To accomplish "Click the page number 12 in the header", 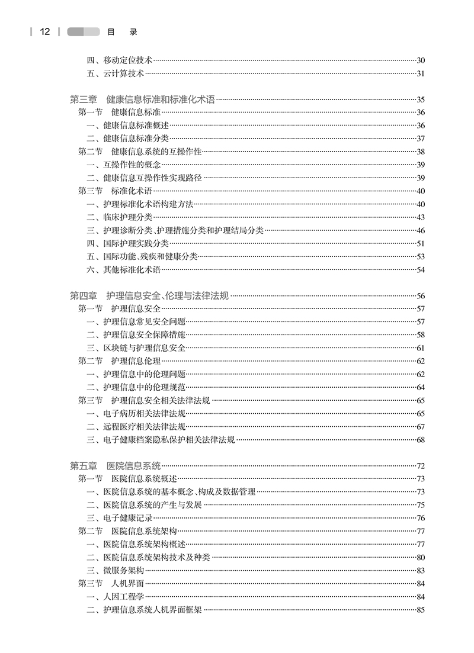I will pos(45,31).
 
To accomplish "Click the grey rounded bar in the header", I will pos(83,31).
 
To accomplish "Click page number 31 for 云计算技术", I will pos(421,74).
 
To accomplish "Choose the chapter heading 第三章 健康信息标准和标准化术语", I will pos(142,99).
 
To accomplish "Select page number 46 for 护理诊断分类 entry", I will pos(421,230).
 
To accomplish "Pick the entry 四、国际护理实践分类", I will pos(127,243).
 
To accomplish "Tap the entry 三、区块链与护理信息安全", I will pos(136,348).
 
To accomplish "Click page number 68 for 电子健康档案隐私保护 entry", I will pos(421,439).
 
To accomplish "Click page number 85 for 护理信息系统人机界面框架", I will pos(421,610).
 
